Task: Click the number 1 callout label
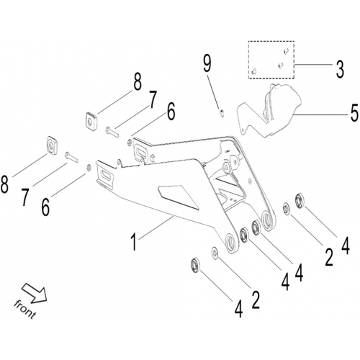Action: coord(134,243)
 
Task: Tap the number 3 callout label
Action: coord(340,69)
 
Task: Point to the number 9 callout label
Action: coord(207,63)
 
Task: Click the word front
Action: coord(24,310)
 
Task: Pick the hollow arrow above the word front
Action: coord(35,292)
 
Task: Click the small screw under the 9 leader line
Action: coord(222,113)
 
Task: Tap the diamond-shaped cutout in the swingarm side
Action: coord(178,197)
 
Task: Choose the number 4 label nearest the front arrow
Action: coord(238,309)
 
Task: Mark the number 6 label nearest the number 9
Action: coord(171,112)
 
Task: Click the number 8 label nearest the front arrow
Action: coord(4,184)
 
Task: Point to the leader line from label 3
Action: coord(312,65)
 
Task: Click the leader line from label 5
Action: coord(320,115)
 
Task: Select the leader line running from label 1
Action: coord(156,228)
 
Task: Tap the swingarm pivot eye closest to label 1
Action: coord(231,243)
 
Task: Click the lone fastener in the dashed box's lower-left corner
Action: coord(254,71)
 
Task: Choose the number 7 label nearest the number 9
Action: coord(152,99)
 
